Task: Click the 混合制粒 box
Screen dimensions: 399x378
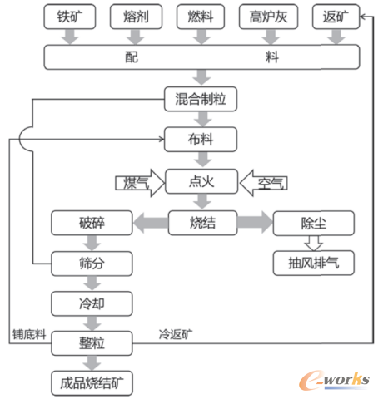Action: click(204, 100)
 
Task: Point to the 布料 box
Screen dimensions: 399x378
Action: click(204, 139)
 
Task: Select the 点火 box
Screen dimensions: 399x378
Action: click(204, 181)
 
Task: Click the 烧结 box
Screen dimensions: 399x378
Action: click(204, 223)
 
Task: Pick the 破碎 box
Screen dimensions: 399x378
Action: click(92, 223)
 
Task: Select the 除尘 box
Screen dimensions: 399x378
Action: click(314, 223)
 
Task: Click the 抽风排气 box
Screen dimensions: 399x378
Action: click(314, 263)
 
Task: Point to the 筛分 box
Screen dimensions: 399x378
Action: click(92, 263)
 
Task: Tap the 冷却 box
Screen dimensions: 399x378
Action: click(92, 302)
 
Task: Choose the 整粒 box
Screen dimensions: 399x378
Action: click(92, 342)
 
